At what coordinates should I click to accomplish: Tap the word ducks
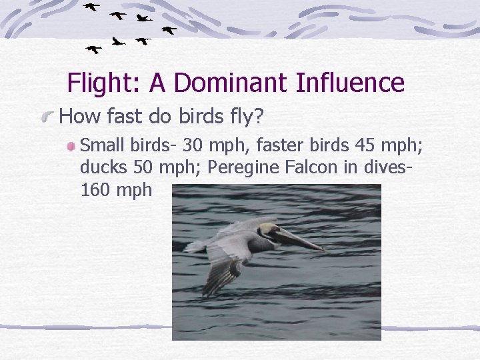(x=101, y=167)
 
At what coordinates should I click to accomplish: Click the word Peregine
(x=240, y=167)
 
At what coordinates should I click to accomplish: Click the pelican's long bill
(x=301, y=239)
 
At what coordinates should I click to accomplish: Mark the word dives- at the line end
(x=386, y=167)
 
